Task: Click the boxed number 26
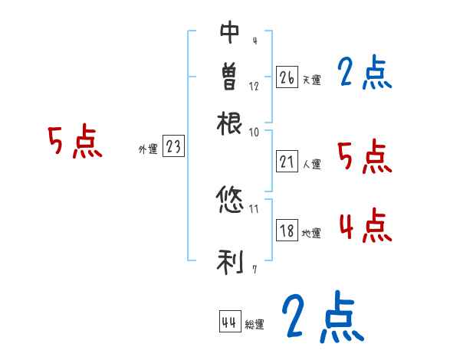coord(287,77)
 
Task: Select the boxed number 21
coord(287,162)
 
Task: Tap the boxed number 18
coord(287,231)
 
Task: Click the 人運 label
coord(312,164)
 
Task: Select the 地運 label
coord(312,233)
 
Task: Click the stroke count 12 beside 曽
coord(254,87)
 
